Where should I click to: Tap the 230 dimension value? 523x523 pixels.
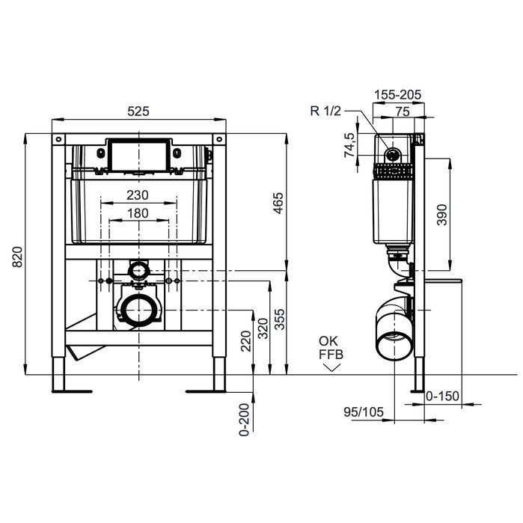tap(137, 195)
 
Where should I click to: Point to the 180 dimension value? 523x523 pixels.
tap(137, 212)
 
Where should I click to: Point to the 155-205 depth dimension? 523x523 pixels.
tap(398, 94)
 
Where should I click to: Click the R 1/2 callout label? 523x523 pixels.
tap(325, 111)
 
